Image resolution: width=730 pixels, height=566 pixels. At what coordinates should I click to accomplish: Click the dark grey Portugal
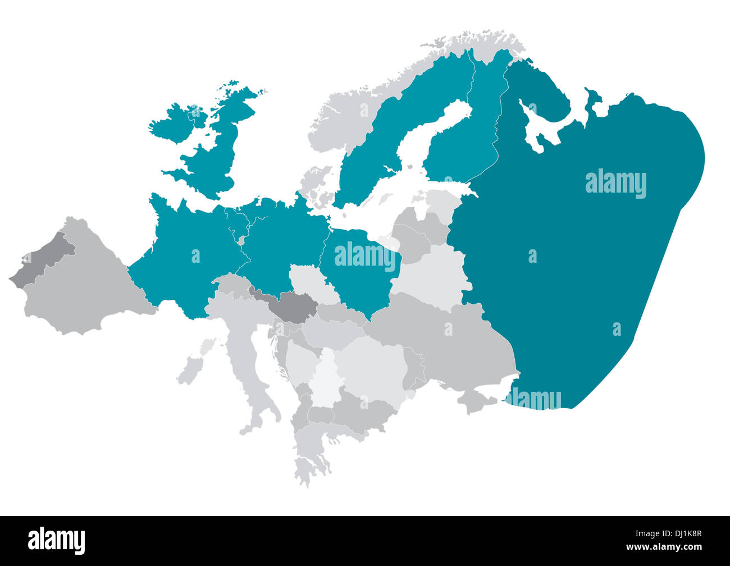[42, 261]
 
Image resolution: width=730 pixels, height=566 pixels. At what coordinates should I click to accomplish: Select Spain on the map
[84, 286]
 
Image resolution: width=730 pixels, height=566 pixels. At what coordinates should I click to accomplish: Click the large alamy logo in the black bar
[56, 540]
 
